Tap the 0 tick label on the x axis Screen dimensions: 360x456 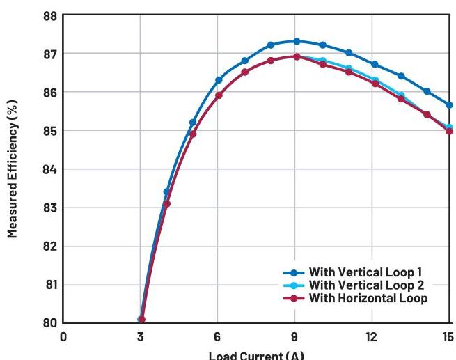pyautogui.click(x=63, y=336)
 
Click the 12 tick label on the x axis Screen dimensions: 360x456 pyautogui.click(x=372, y=336)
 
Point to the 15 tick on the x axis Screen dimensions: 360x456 pyautogui.click(x=448, y=336)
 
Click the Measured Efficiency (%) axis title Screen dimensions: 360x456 pyautogui.click(x=13, y=169)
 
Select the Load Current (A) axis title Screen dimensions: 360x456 pyautogui.click(x=257, y=354)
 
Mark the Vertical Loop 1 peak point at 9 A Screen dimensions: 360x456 pyautogui.click(x=296, y=41)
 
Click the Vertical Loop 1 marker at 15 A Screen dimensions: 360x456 pyautogui.click(x=449, y=105)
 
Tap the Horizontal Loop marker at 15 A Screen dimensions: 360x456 pyautogui.click(x=449, y=131)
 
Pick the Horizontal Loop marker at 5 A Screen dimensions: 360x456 pyautogui.click(x=193, y=134)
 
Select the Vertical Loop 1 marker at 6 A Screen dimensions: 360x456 pyautogui.click(x=219, y=80)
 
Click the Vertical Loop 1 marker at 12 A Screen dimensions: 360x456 pyautogui.click(x=375, y=64)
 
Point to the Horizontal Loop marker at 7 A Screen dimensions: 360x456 pyautogui.click(x=244, y=72)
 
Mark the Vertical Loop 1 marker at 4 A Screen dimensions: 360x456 pyautogui.click(x=166, y=191)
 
